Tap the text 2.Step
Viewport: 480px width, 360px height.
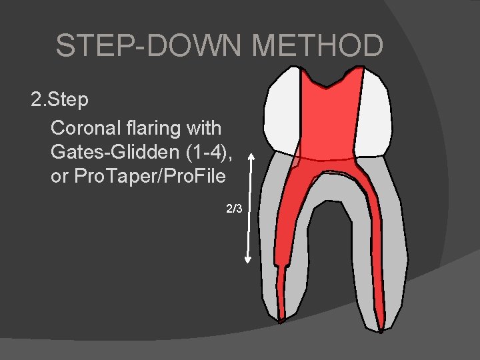59,101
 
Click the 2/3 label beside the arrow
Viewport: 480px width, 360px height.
235,209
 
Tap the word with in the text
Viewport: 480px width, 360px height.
205,127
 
